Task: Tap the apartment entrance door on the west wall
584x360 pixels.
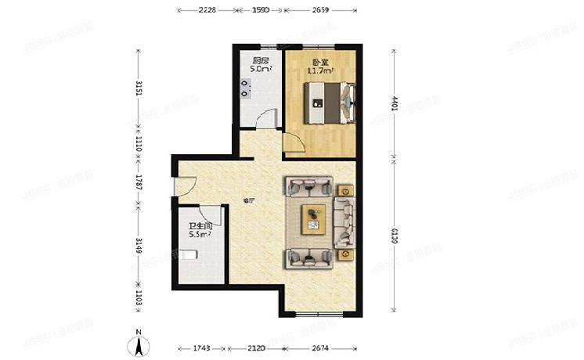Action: [x=182, y=187]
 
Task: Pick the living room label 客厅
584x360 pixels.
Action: [x=248, y=200]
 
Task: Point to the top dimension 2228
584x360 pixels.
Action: [x=207, y=10]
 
